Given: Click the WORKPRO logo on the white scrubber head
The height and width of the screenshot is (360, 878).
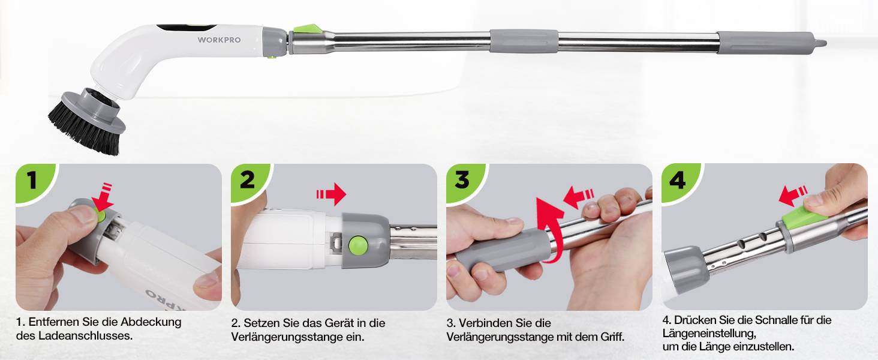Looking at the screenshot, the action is (x=219, y=40).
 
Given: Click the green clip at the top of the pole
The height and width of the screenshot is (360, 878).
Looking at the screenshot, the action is (x=308, y=29).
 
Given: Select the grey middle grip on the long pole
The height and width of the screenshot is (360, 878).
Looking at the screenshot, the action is (x=524, y=41).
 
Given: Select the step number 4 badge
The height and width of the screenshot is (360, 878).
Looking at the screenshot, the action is (x=678, y=181).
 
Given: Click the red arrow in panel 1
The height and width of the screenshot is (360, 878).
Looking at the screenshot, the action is (x=103, y=197).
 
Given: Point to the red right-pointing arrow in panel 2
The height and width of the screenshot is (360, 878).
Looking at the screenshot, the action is (x=332, y=194).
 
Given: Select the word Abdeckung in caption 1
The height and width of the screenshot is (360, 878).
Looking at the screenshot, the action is (x=151, y=322).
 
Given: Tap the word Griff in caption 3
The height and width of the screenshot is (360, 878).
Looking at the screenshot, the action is (x=612, y=337).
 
